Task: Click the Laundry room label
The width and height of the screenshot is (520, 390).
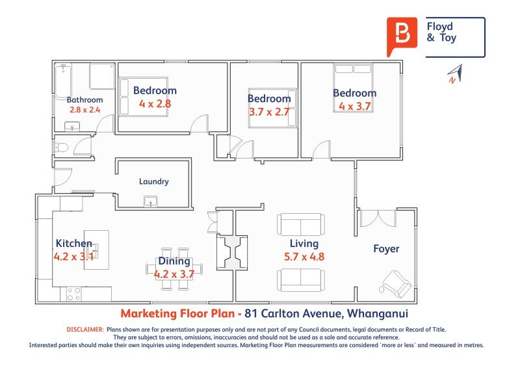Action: pos(154,181)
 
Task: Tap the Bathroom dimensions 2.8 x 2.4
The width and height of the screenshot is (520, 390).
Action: pos(84,110)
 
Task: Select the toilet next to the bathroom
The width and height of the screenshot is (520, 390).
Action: pos(60,148)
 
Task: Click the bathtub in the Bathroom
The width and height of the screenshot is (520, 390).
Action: pos(63,81)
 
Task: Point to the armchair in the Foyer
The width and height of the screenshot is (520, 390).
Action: pos(396,283)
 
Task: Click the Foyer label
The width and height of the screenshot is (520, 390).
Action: pos(386,249)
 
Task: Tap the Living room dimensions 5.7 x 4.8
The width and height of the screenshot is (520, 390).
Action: pos(304,257)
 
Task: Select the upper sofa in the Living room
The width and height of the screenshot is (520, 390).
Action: pos(301,224)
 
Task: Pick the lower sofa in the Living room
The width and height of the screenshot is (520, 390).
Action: pos(301,280)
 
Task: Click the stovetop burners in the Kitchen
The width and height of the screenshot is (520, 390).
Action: pos(73,294)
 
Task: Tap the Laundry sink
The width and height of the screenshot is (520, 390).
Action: pos(151,201)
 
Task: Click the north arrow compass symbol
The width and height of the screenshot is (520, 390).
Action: pos(455,73)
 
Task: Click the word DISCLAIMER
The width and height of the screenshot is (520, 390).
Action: pos(85,330)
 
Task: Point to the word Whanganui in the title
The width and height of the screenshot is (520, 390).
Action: pos(378,313)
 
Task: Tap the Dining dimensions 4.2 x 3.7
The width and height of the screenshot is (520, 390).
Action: pos(174,274)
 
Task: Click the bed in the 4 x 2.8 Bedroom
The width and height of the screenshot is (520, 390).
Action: pos(143,97)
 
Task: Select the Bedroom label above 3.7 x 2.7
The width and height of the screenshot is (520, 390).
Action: pos(269,99)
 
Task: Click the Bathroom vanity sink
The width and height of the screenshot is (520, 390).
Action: pos(72,127)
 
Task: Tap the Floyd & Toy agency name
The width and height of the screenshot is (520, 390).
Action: pos(441,32)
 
